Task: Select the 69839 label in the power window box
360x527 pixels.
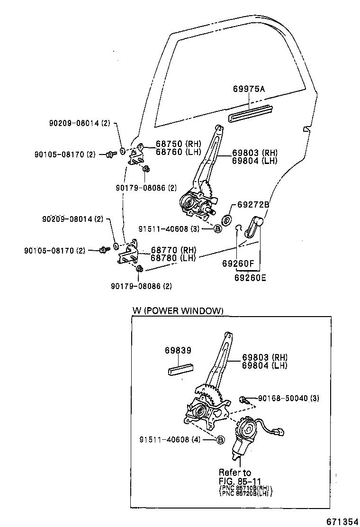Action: click(178, 351)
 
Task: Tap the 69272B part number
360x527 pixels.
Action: click(253, 205)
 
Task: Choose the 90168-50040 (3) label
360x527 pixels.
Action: click(288, 398)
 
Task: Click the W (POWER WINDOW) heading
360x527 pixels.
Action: click(177, 311)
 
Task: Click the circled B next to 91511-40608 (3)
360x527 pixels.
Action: click(218, 228)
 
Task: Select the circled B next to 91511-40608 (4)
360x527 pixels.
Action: click(220, 440)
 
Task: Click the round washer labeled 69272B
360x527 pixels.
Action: click(226, 219)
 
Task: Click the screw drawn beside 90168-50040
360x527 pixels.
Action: click(243, 400)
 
